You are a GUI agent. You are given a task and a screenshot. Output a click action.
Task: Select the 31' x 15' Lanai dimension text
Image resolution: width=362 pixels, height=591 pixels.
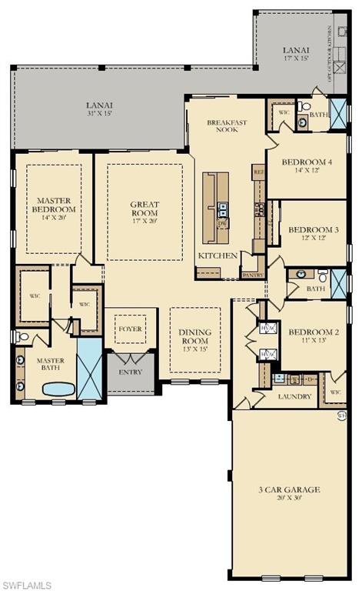[100, 115]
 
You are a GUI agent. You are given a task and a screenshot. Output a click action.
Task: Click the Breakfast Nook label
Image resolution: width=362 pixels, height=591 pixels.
[227, 126]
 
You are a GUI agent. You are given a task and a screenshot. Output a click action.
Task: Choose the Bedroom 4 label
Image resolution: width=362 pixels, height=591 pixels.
[307, 162]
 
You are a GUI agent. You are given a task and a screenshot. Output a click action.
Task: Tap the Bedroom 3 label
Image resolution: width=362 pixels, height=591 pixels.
[313, 229]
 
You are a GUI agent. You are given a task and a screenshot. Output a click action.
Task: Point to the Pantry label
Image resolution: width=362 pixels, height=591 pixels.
[252, 275]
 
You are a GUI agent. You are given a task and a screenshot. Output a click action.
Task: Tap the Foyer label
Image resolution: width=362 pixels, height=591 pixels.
[130, 329]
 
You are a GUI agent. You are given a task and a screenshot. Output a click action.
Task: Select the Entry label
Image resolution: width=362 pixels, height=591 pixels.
[130, 372]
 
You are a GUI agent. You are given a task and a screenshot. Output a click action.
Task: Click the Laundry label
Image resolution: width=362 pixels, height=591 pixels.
[295, 397]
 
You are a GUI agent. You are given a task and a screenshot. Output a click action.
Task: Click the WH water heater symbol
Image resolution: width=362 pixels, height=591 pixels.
[341, 416]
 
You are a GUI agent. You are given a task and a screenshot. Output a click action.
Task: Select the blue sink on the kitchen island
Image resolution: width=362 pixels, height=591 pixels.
[221, 206]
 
